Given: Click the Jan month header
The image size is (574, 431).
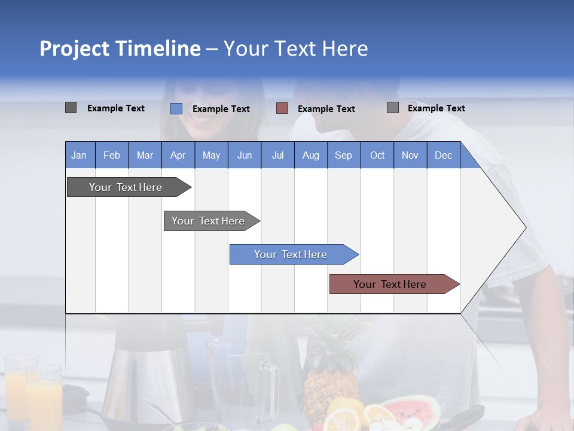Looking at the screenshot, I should [x=79, y=155].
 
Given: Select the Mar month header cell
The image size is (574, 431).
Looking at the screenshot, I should [x=145, y=155].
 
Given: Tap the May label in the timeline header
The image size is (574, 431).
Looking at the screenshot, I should [x=211, y=155].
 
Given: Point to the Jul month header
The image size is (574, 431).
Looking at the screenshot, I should [x=277, y=155].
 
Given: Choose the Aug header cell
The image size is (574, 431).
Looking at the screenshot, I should [x=310, y=155].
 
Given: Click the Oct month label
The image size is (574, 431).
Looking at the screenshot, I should [x=377, y=155].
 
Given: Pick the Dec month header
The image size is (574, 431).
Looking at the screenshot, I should [x=443, y=155].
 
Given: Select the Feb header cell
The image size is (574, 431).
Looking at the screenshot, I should [x=112, y=155].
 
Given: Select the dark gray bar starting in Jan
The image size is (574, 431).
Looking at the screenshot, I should [x=126, y=187].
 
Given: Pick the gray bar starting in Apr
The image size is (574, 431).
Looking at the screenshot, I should [x=209, y=221].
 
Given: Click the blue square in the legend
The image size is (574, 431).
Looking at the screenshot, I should [x=176, y=108].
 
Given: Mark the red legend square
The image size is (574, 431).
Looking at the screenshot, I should [x=282, y=108].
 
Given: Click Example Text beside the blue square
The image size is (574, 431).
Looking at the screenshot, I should [x=221, y=109].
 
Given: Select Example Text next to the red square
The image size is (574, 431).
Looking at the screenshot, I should [x=326, y=109].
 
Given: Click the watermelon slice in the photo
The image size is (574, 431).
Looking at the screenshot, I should [x=413, y=410].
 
